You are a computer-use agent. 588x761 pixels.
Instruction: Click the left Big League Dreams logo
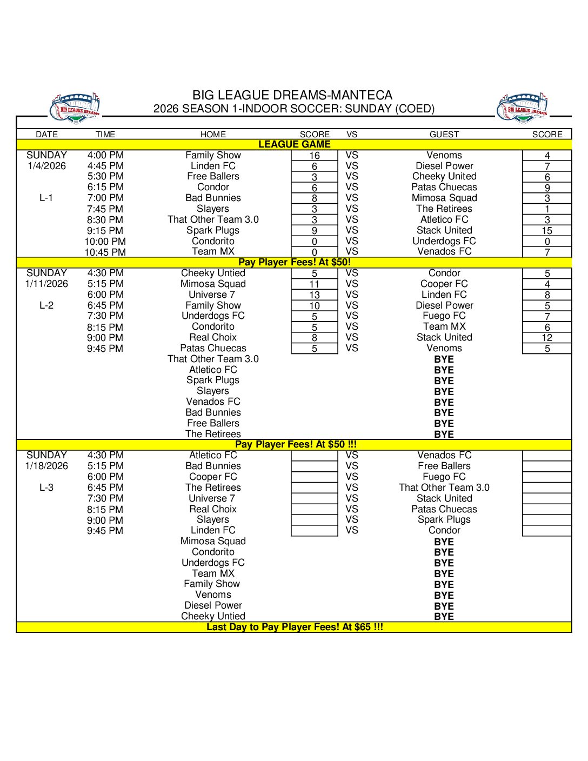click(75, 108)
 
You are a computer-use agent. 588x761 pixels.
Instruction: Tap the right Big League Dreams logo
click(523, 108)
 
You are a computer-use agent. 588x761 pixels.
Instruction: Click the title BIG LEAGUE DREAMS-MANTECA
click(292, 95)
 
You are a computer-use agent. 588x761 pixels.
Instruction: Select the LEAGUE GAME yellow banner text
click(294, 144)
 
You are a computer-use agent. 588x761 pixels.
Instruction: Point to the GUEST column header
click(444, 135)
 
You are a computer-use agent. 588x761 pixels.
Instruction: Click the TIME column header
click(105, 135)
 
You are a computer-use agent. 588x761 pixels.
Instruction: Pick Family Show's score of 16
click(315, 156)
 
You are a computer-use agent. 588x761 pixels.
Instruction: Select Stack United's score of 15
click(547, 231)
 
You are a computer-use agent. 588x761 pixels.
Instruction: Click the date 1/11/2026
click(47, 284)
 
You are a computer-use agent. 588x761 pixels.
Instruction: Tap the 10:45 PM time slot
click(105, 252)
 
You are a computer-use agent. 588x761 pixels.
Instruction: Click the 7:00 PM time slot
click(105, 198)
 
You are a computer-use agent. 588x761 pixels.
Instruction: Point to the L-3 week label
click(46, 488)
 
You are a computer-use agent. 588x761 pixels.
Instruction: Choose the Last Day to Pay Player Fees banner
click(295, 627)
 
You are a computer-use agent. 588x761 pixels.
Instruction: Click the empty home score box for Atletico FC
click(315, 456)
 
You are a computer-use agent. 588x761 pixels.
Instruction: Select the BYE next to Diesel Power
click(444, 606)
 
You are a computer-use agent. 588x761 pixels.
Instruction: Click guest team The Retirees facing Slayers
click(444, 209)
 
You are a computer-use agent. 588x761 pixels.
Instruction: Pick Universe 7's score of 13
click(315, 295)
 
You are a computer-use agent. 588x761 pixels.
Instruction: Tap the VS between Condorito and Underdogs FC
click(352, 241)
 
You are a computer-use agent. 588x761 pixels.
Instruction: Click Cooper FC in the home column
click(213, 477)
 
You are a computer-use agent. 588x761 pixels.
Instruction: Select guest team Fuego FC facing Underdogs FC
click(444, 316)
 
